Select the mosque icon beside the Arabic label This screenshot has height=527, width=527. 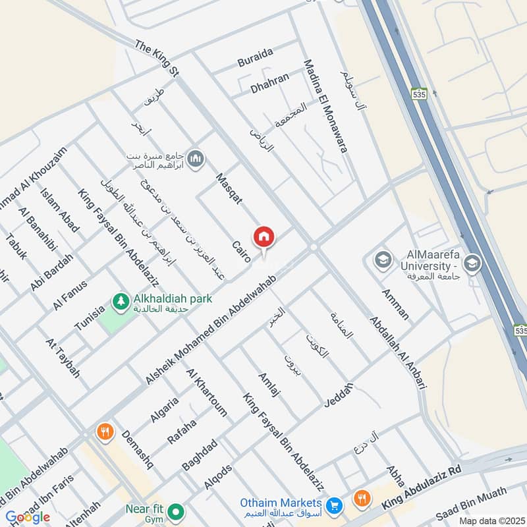[x=196, y=159]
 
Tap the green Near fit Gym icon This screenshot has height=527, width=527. [x=176, y=511]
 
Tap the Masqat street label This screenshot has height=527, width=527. [x=229, y=188]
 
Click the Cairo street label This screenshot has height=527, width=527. [x=241, y=252]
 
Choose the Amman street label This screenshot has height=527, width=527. [x=395, y=304]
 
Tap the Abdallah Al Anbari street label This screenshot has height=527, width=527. [x=397, y=352]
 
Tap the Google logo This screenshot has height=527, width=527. [x=28, y=517]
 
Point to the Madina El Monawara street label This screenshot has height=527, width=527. [x=325, y=105]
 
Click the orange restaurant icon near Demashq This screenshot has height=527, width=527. [x=104, y=432]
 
